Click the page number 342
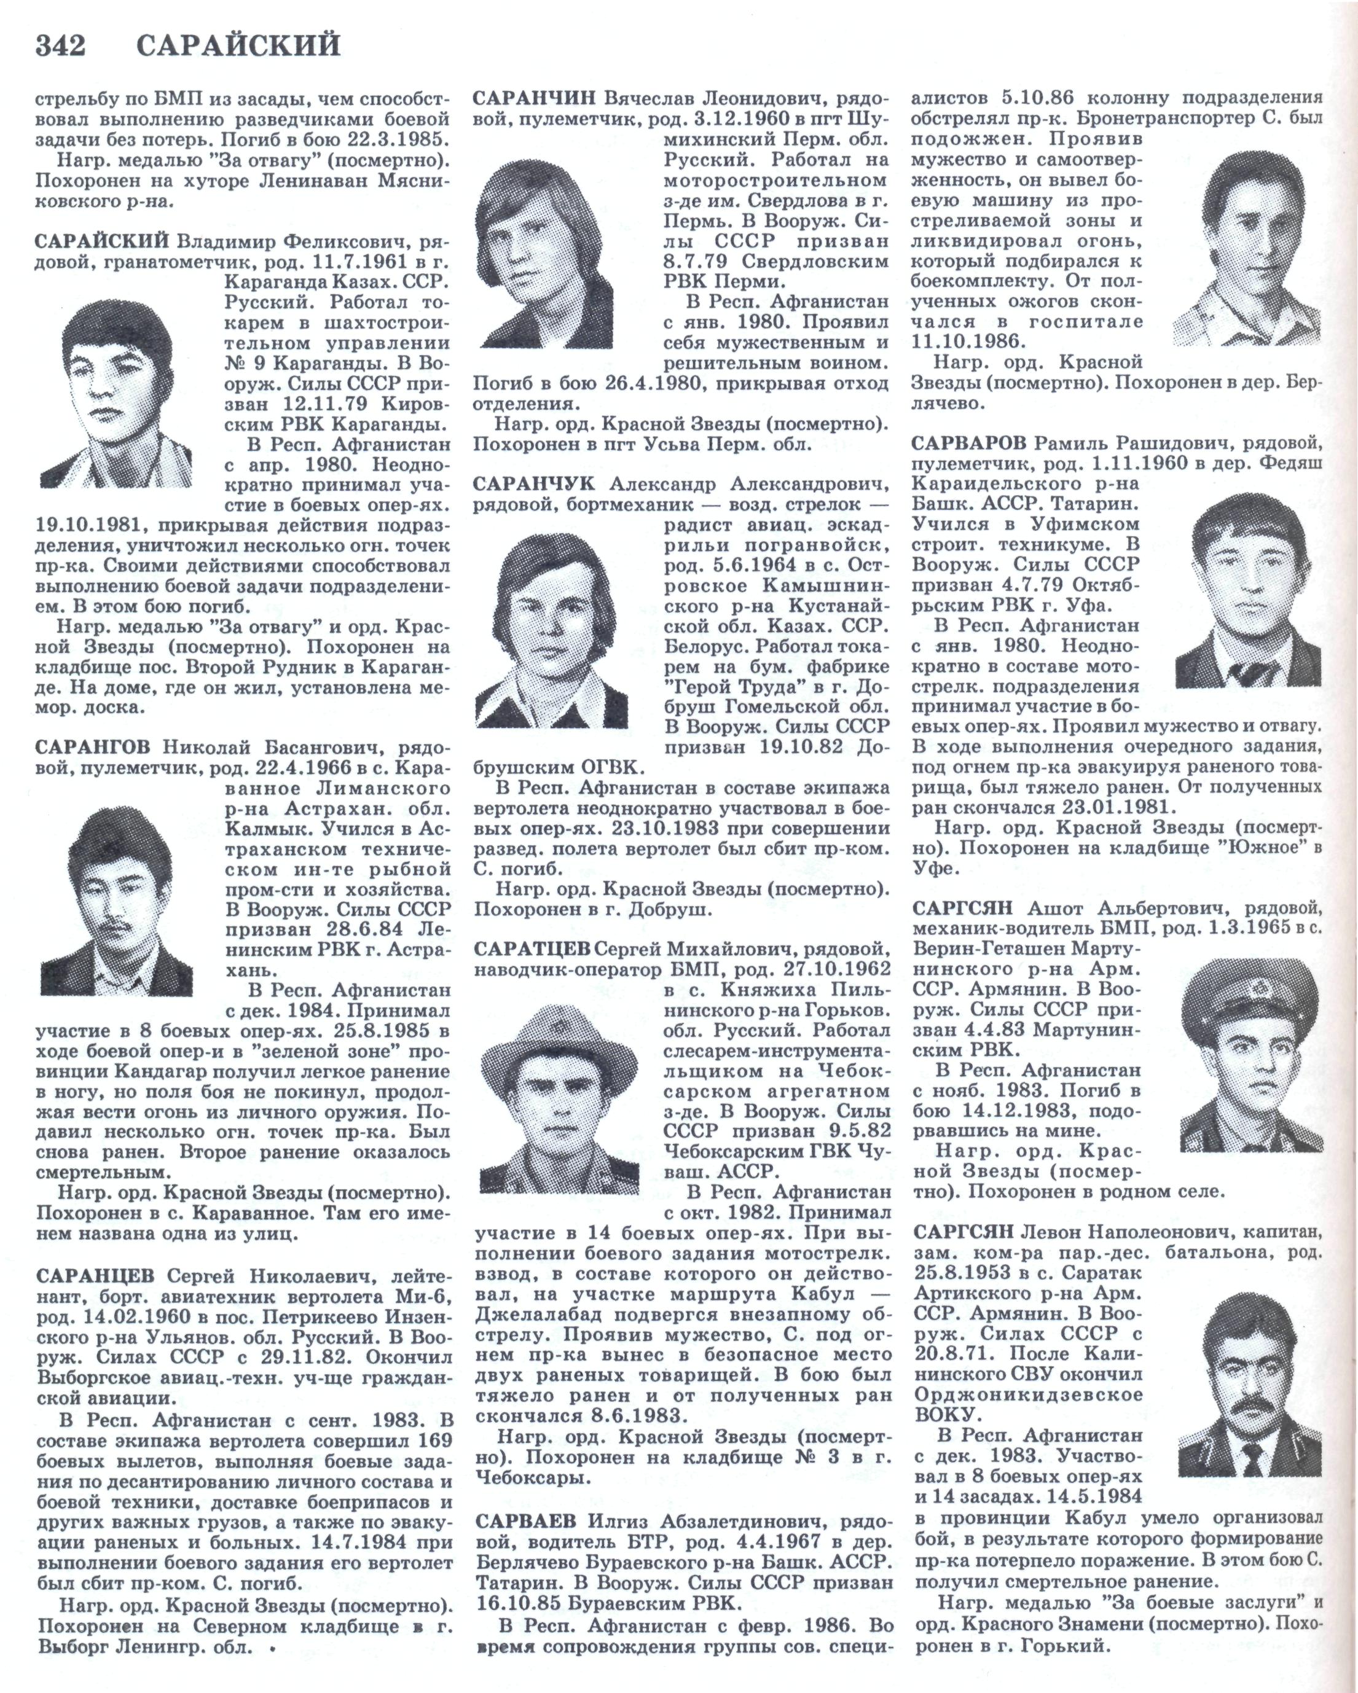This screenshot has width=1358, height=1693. pos(60,46)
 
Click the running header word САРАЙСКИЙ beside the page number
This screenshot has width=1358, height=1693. pos(239,46)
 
